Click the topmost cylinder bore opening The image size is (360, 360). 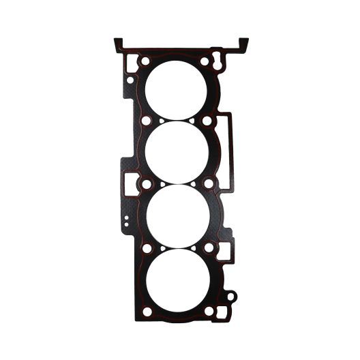click(x=177, y=88)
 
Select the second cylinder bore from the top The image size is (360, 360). click(x=177, y=151)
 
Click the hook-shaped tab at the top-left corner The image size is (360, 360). click(x=119, y=44)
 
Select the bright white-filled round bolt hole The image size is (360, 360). click(x=207, y=121)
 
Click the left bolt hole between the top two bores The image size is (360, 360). click(x=145, y=122)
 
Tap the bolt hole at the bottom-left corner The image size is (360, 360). click(x=145, y=312)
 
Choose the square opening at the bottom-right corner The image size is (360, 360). click(x=218, y=312)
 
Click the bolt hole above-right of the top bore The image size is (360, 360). click(x=205, y=61)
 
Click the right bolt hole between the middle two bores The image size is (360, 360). click(x=208, y=183)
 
